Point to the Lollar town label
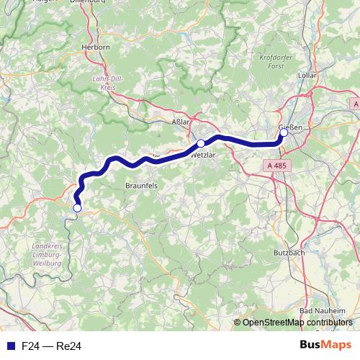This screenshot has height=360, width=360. [x=307, y=74]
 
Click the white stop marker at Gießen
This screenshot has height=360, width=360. [x=284, y=132]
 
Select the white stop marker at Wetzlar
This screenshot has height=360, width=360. [x=201, y=143]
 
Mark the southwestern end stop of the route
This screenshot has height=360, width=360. [x=77, y=208]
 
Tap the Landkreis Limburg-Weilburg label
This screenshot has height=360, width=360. [x=48, y=255]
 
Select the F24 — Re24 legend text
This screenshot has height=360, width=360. [x=52, y=346]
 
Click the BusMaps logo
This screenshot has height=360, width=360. [x=325, y=346]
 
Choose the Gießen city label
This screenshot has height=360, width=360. [x=290, y=127]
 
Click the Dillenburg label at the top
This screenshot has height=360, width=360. [x=88, y=3]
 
